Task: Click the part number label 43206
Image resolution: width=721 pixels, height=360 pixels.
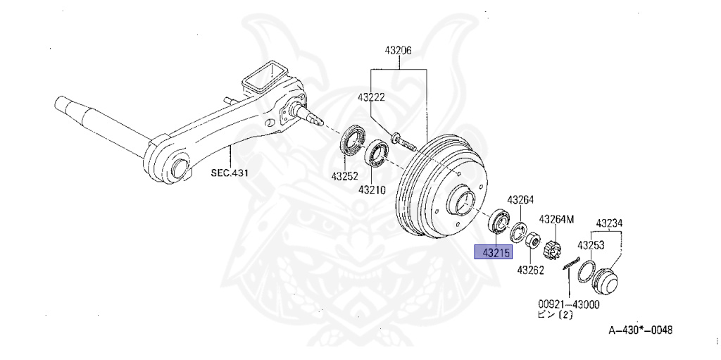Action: (x=398, y=51)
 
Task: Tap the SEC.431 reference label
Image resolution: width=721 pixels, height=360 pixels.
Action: (x=230, y=172)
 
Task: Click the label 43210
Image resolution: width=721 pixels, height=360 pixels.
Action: (x=372, y=190)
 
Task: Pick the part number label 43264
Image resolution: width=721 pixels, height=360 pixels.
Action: (x=520, y=199)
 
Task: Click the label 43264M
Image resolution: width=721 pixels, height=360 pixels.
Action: (x=556, y=219)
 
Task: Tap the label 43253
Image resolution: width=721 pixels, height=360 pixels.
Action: (x=591, y=245)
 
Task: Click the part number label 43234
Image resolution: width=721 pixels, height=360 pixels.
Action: (x=610, y=224)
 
